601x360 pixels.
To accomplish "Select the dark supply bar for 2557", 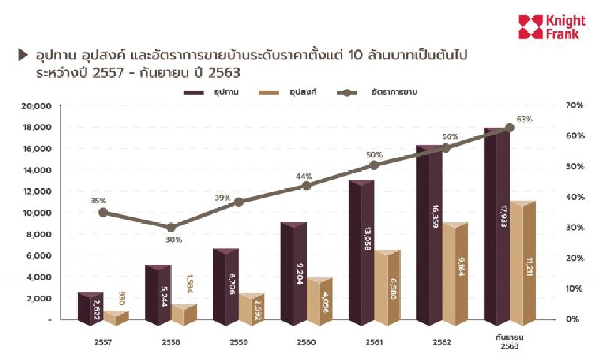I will coord(91,308).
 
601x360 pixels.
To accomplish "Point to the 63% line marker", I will coord(510,128).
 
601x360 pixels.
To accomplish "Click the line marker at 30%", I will coord(172,227).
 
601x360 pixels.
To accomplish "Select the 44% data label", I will coord(304,176).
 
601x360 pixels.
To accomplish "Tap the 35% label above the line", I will coord(98,201).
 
